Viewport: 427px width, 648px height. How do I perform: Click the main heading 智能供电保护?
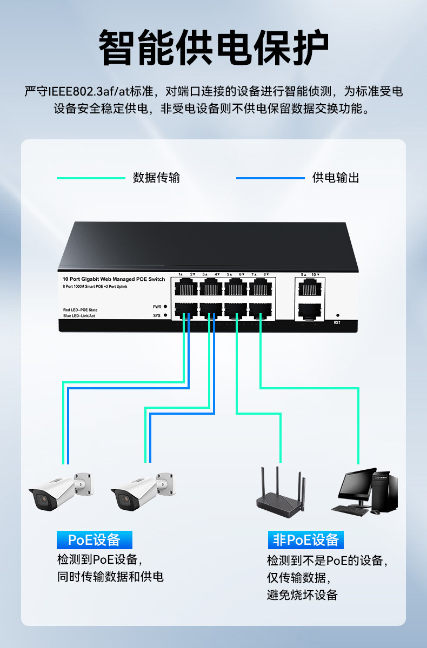(x=213, y=49)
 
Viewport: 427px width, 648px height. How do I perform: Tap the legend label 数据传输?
(x=156, y=178)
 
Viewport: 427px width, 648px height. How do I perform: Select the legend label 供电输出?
(x=336, y=178)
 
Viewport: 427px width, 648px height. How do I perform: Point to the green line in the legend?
(x=91, y=178)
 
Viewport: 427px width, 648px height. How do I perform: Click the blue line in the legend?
(x=270, y=178)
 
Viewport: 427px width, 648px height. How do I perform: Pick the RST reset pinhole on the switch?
(x=338, y=315)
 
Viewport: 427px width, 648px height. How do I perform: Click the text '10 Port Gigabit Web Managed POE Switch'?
(x=114, y=279)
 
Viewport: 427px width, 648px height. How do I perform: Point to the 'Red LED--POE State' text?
(x=81, y=309)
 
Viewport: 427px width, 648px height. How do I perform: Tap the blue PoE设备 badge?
(x=95, y=539)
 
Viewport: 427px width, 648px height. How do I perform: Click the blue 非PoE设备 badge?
(x=306, y=539)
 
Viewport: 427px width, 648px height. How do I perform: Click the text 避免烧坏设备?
(x=302, y=595)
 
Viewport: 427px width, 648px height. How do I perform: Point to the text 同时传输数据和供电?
(x=110, y=577)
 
